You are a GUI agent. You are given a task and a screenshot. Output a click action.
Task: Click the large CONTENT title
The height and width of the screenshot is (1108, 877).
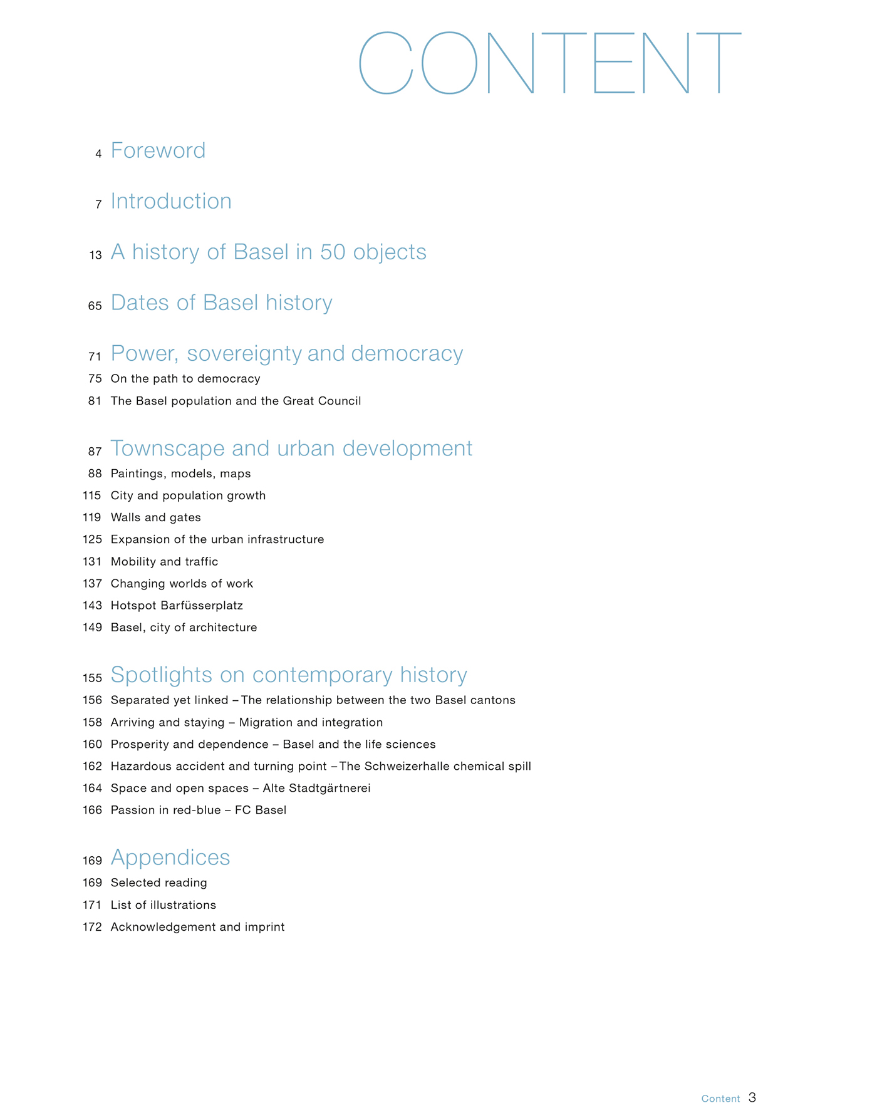pos(549,63)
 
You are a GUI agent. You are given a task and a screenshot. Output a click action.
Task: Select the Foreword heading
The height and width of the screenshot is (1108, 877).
pos(158,150)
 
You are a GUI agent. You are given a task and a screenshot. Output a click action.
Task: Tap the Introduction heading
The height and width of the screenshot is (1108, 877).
pos(171,201)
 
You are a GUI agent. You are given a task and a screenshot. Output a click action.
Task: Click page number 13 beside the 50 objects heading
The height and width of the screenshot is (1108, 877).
pos(95,255)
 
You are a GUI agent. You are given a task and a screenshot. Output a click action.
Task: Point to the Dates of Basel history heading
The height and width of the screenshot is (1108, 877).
pos(221,303)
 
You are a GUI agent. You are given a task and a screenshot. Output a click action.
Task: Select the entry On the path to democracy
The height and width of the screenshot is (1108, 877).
pos(185,378)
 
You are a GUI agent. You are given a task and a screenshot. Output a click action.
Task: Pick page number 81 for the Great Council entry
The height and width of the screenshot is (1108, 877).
pos(95,401)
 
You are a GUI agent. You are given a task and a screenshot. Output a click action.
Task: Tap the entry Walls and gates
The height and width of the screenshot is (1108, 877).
pos(155,517)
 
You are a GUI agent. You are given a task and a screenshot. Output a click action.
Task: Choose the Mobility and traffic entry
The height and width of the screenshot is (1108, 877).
pos(164,561)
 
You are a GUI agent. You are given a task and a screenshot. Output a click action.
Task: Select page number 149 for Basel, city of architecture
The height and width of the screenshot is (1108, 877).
pos(92,627)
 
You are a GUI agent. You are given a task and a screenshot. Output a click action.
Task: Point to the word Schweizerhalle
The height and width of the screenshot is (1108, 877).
pos(395,766)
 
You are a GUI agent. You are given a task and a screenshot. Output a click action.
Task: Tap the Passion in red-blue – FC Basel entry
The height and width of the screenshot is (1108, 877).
pos(198,810)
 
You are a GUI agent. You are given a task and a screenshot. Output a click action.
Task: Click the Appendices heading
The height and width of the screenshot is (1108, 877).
pos(170,857)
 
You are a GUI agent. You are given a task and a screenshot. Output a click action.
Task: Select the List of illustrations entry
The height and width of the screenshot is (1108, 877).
pos(163,904)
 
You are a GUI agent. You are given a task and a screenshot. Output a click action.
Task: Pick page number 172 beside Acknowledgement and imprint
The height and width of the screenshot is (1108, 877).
pos(92,926)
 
